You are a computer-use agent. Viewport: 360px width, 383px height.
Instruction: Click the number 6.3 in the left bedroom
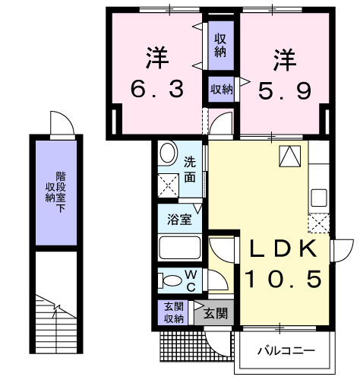(157, 90)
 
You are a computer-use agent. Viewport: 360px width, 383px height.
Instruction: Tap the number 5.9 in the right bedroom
(284, 90)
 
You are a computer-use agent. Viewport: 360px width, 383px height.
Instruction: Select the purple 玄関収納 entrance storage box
(174, 312)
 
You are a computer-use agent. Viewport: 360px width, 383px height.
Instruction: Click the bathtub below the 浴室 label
(179, 248)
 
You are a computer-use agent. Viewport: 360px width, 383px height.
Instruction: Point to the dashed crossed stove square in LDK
(319, 223)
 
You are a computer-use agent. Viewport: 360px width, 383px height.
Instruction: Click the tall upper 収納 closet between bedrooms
(220, 45)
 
